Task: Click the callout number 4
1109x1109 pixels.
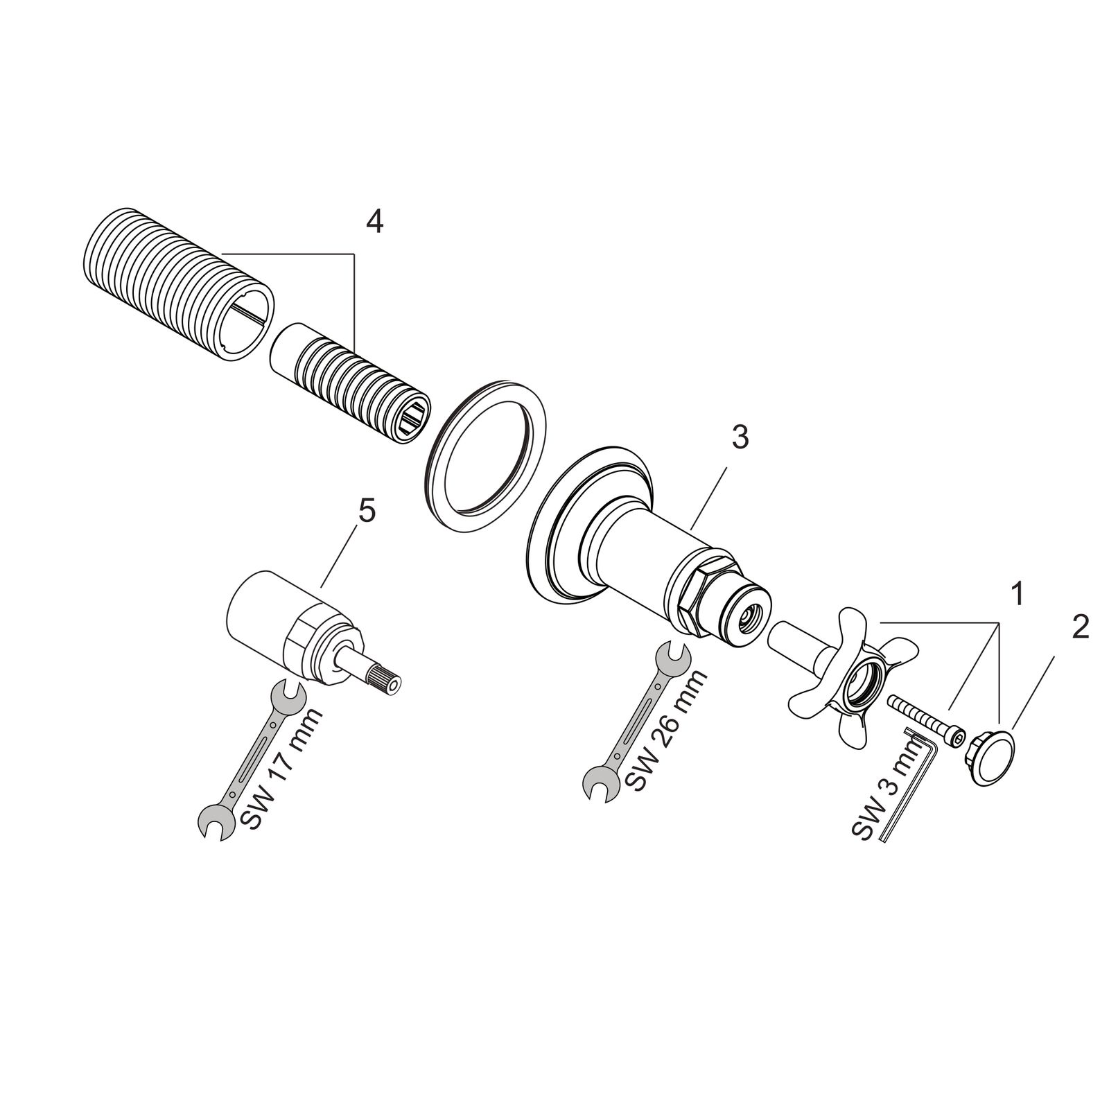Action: point(374,222)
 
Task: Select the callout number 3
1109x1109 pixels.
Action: point(740,438)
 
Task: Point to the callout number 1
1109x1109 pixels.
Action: point(1018,594)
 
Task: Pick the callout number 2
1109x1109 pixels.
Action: point(1080,627)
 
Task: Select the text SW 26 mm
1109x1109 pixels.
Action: point(667,728)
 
